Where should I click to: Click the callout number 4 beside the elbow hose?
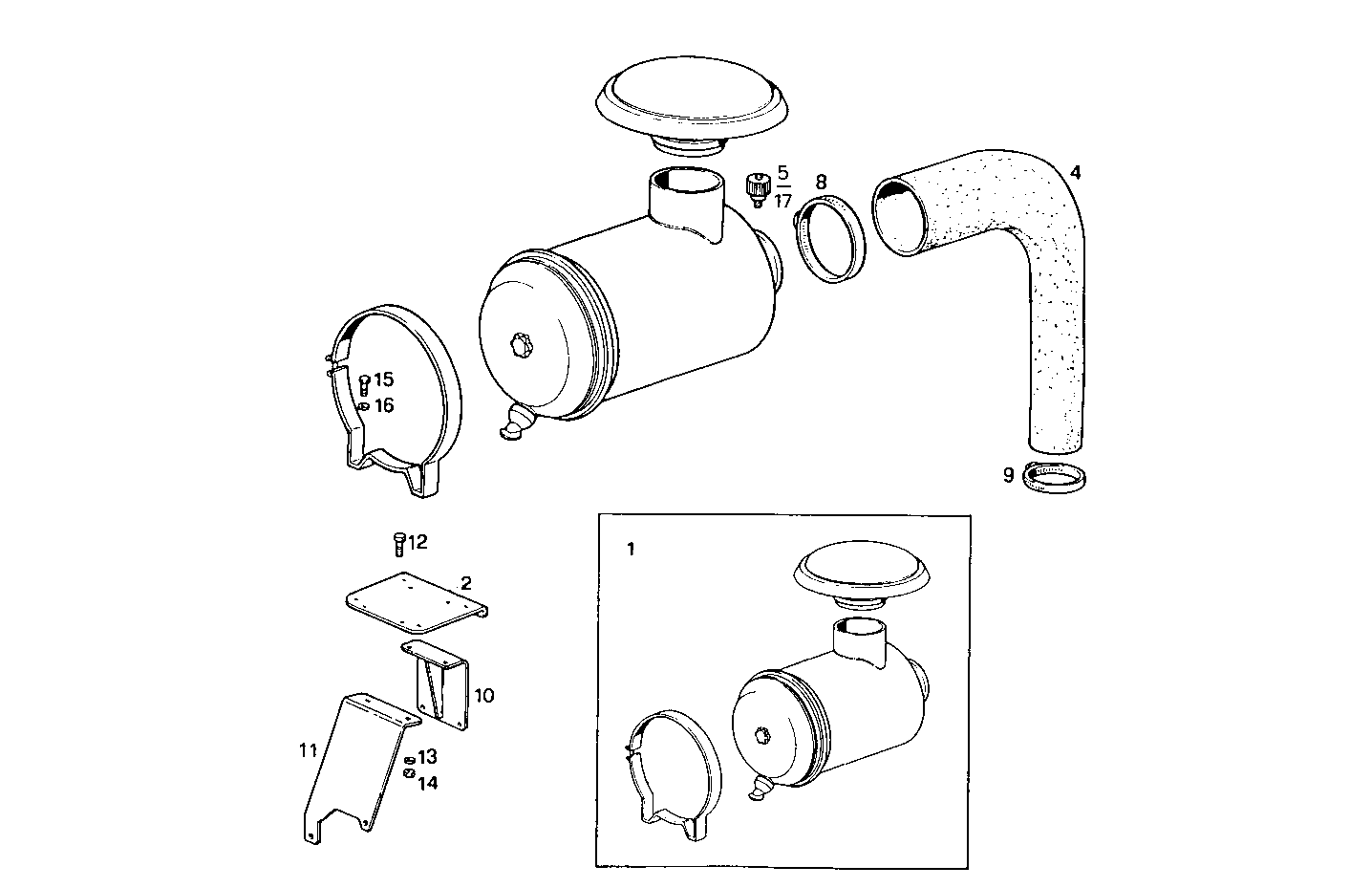click(1075, 173)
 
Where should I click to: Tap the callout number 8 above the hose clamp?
click(821, 181)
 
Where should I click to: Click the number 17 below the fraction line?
click(782, 201)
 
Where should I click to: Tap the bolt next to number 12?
click(398, 544)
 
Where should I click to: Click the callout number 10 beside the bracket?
click(484, 695)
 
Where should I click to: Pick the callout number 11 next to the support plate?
click(307, 750)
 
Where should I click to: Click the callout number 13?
click(427, 757)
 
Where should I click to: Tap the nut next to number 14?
click(408, 773)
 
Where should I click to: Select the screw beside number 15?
click(364, 384)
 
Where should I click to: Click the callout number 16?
click(383, 406)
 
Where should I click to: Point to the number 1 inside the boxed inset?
click(630, 550)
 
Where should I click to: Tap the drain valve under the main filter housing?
click(513, 423)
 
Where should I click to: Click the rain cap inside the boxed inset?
click(861, 573)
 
